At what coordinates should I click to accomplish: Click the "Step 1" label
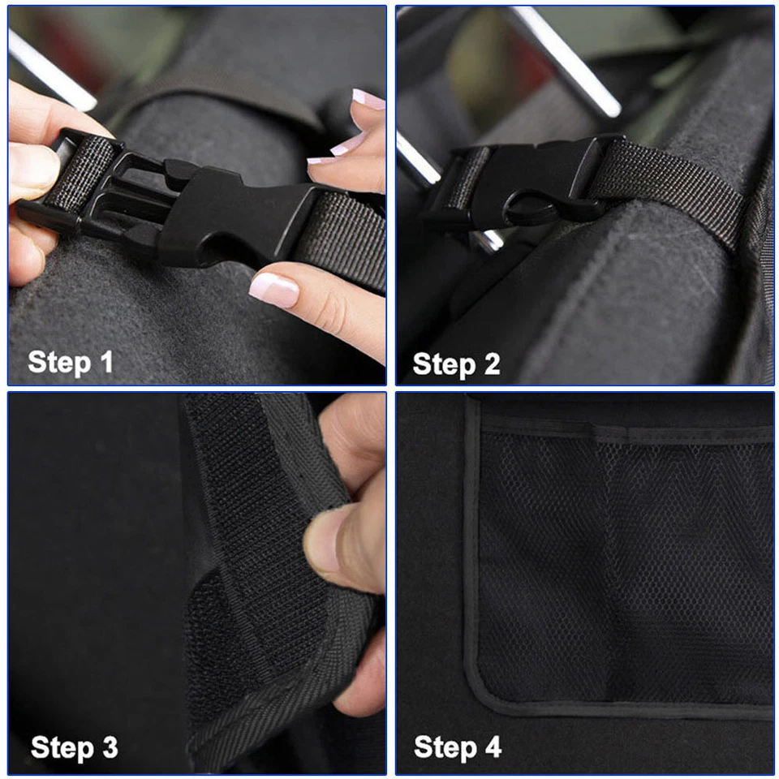71,362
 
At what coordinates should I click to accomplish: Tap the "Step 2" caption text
456,364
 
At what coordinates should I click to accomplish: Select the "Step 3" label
74,747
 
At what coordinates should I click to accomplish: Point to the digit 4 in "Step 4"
493,747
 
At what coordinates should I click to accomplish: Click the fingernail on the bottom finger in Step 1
273,289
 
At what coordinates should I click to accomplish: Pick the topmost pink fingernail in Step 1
368,100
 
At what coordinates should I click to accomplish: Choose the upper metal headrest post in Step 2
568,61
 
